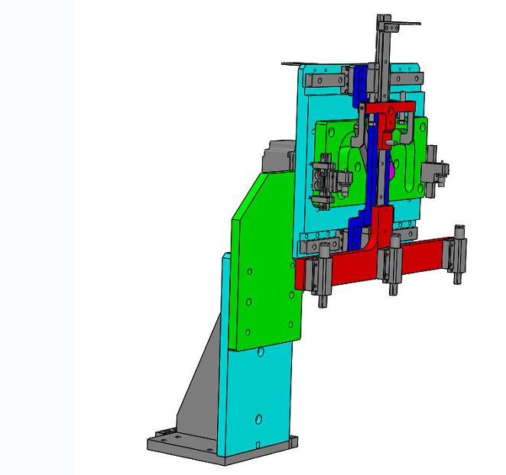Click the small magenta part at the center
click(391, 170)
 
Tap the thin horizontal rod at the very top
click(401, 23)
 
